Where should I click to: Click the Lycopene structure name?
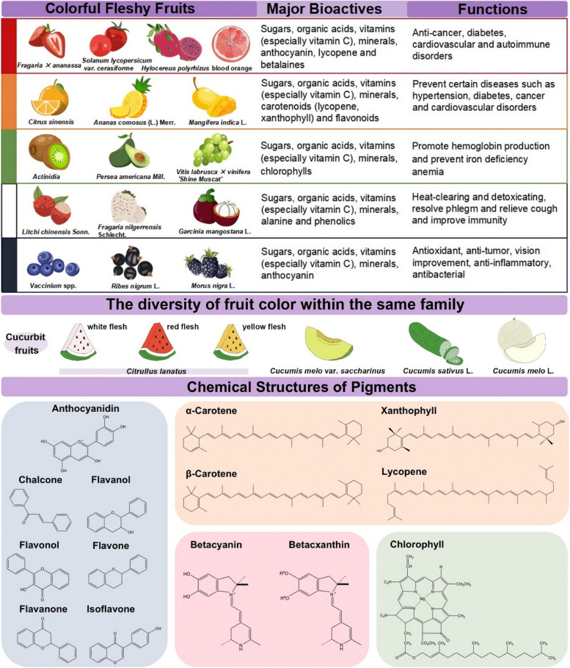click(403, 473)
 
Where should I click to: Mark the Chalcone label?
click(42, 479)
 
